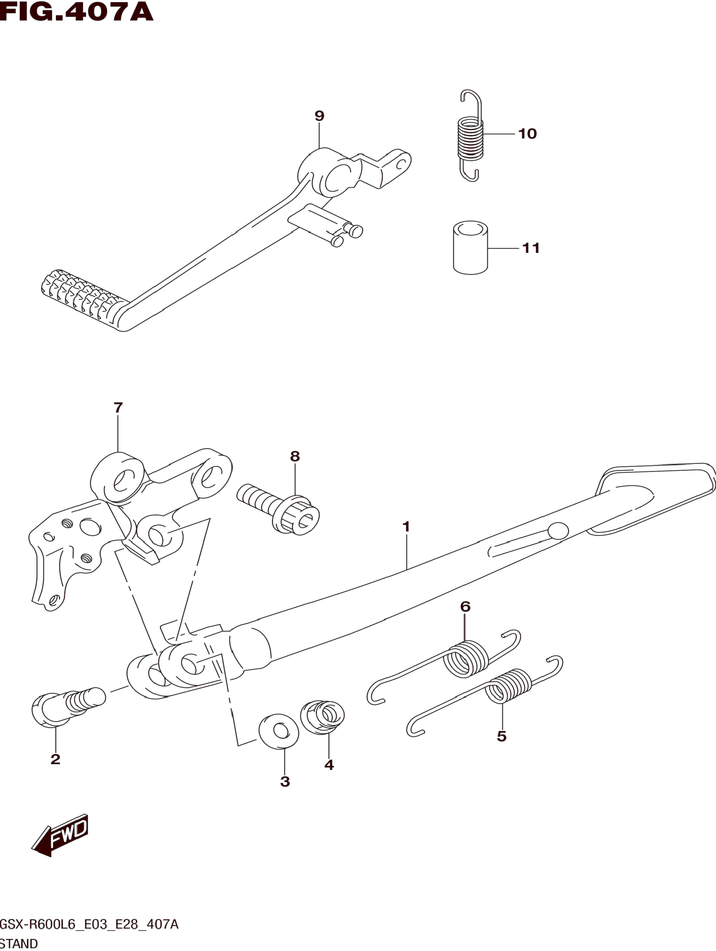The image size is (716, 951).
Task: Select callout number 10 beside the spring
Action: coord(528,134)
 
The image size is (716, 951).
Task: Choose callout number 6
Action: coord(465,607)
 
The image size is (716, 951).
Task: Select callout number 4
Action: coord(329,765)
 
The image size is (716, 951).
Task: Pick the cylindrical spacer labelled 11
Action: coord(470,248)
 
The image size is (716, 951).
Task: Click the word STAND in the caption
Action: coord(19,944)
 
